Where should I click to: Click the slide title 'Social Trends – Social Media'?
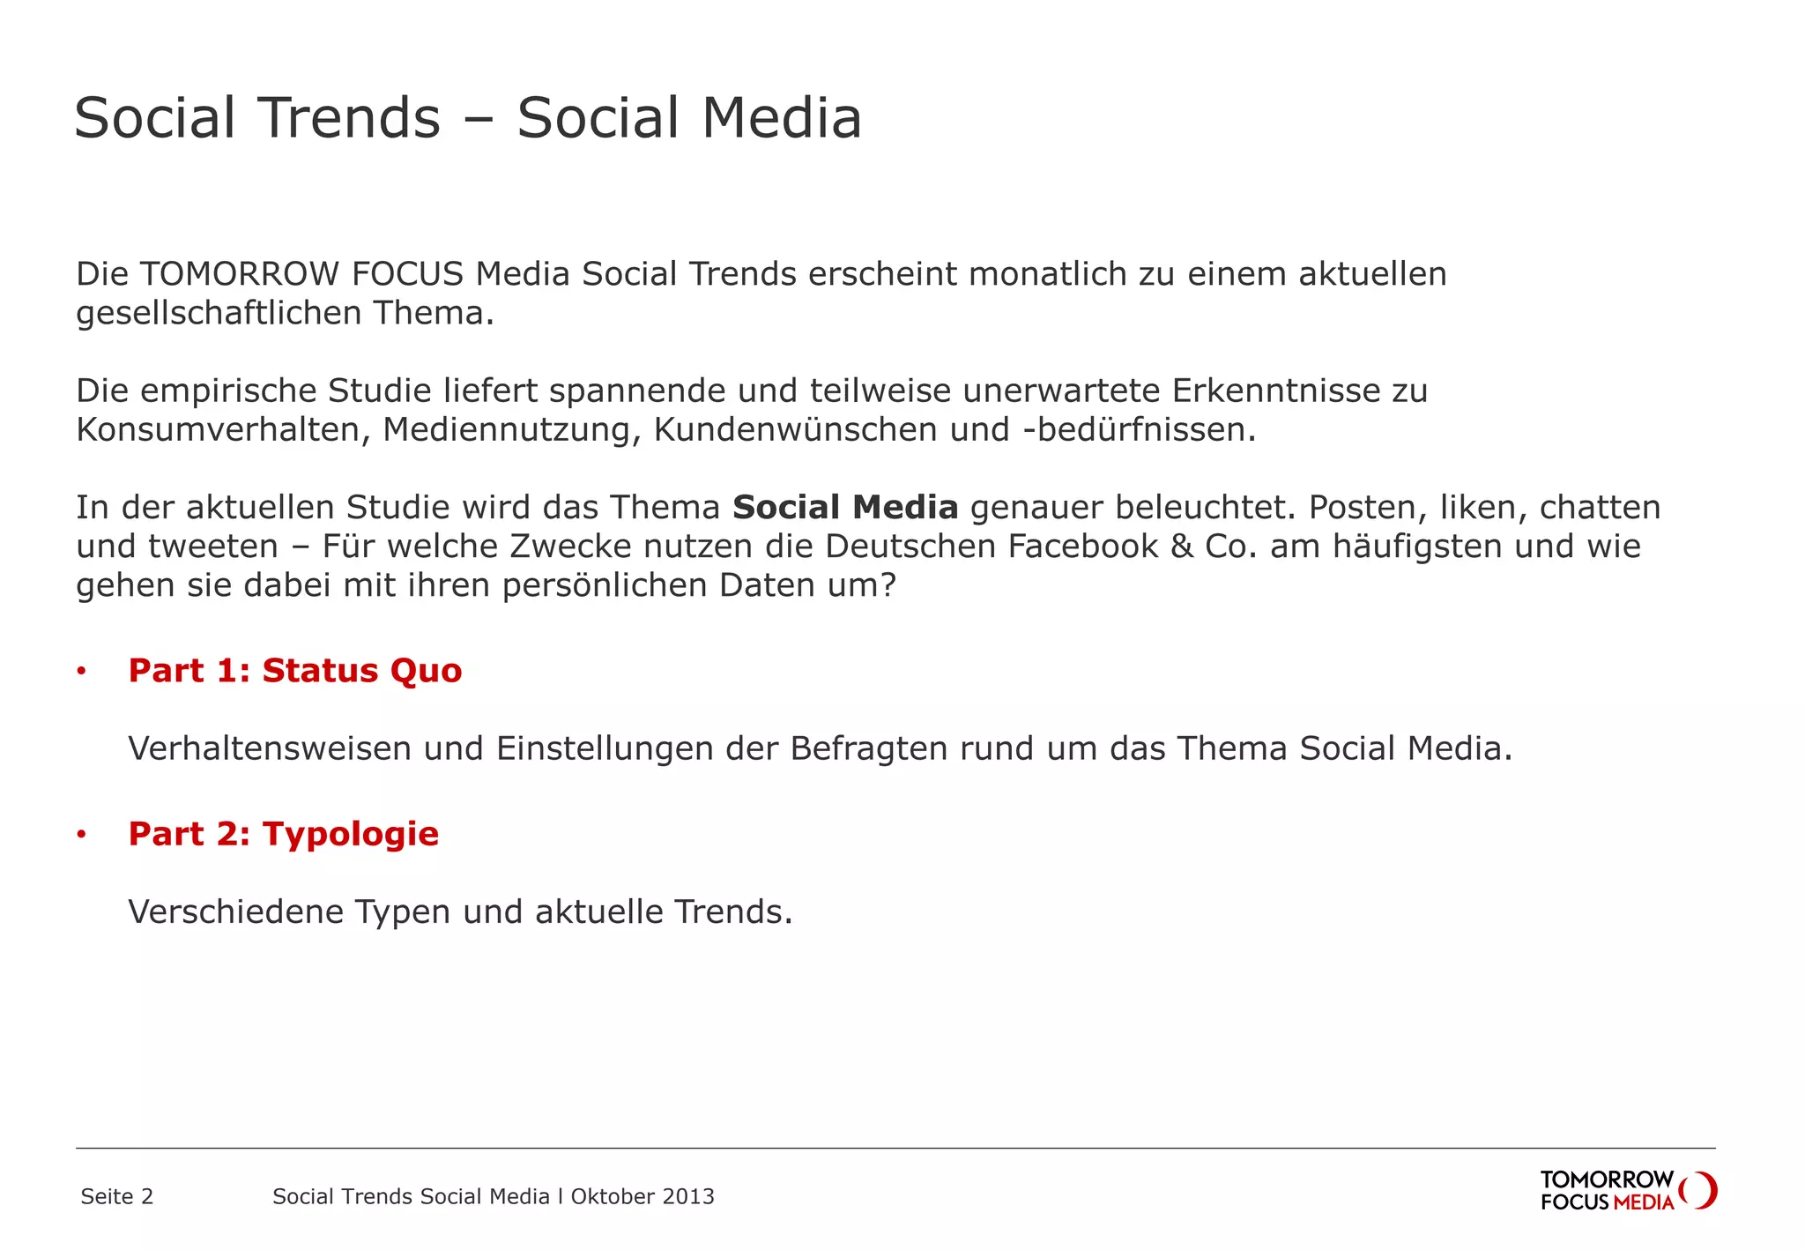[468, 118]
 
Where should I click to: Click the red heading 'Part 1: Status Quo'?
[295, 671]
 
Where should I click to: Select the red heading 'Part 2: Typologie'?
[283, 834]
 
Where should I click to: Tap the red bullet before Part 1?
[81, 672]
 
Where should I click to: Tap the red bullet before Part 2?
[81, 835]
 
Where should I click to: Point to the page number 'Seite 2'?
[116, 1196]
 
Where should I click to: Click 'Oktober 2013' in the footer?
[643, 1196]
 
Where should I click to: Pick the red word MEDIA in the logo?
[1644, 1202]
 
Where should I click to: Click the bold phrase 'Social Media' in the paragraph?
[845, 508]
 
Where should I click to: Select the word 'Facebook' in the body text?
[1082, 547]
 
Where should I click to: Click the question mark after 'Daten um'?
[888, 585]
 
